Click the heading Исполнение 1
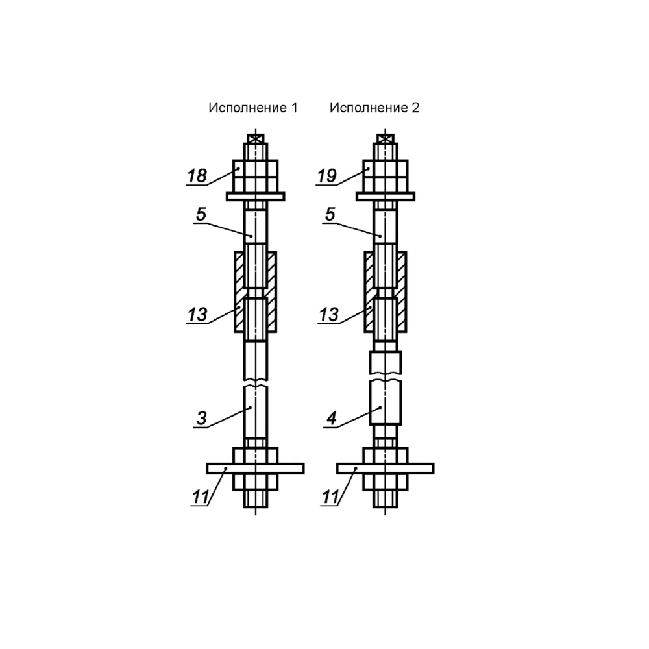253,108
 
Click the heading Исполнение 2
374,108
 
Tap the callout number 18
197,176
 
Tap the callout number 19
327,176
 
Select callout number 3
202,418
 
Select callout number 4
332,418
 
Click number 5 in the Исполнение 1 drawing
201,214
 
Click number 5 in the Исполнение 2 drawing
330,214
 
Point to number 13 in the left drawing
197,315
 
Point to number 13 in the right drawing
328,315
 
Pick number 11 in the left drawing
201,497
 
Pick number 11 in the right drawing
330,497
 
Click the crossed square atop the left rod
255,139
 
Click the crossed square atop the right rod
386,139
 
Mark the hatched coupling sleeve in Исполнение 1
239,292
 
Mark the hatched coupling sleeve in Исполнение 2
369,292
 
